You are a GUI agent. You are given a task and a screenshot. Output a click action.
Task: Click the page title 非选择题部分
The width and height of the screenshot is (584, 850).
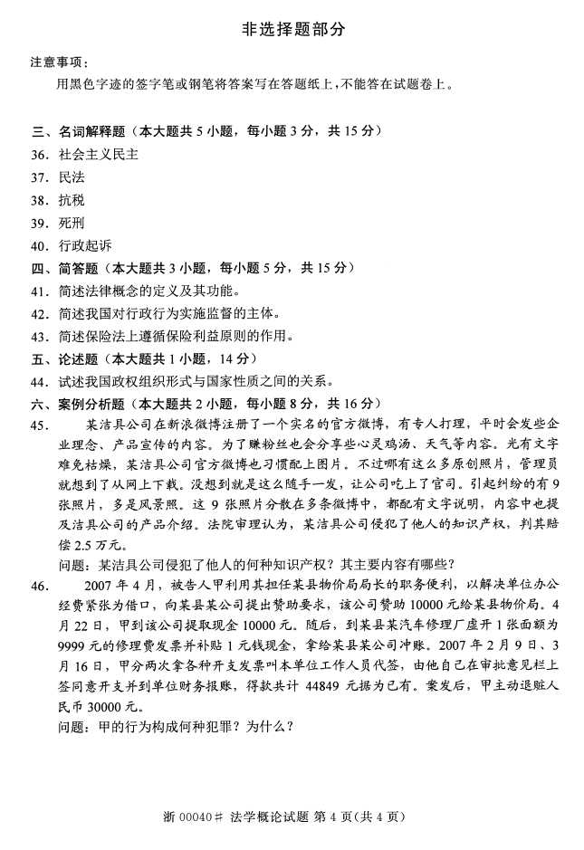pyautogui.click(x=292, y=30)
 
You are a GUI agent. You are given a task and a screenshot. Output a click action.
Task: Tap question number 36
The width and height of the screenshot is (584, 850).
pyautogui.click(x=39, y=155)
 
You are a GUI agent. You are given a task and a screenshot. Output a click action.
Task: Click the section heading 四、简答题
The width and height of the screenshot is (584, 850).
pyautogui.click(x=67, y=268)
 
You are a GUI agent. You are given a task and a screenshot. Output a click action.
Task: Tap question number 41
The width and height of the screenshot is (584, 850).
pyautogui.click(x=39, y=291)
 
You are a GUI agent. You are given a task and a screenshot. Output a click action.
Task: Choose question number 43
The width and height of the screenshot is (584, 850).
pyautogui.click(x=39, y=336)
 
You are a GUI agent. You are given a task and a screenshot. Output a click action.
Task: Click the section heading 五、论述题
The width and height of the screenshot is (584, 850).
pyautogui.click(x=67, y=358)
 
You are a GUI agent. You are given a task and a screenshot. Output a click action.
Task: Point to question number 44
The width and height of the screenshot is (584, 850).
pyautogui.click(x=39, y=381)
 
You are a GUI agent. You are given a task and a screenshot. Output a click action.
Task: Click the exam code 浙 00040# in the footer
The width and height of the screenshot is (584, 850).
pyautogui.click(x=189, y=817)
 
